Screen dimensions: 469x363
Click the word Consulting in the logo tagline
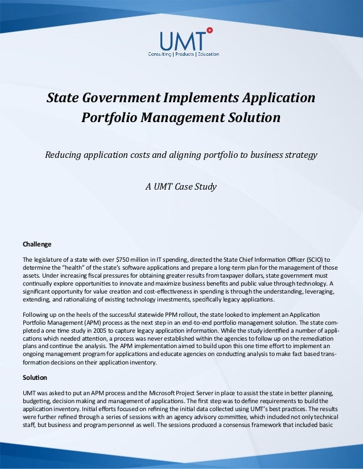click(160, 54)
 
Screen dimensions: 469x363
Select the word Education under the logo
click(208, 54)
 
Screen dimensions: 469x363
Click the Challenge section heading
click(37, 245)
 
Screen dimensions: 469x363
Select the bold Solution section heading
click(35, 378)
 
